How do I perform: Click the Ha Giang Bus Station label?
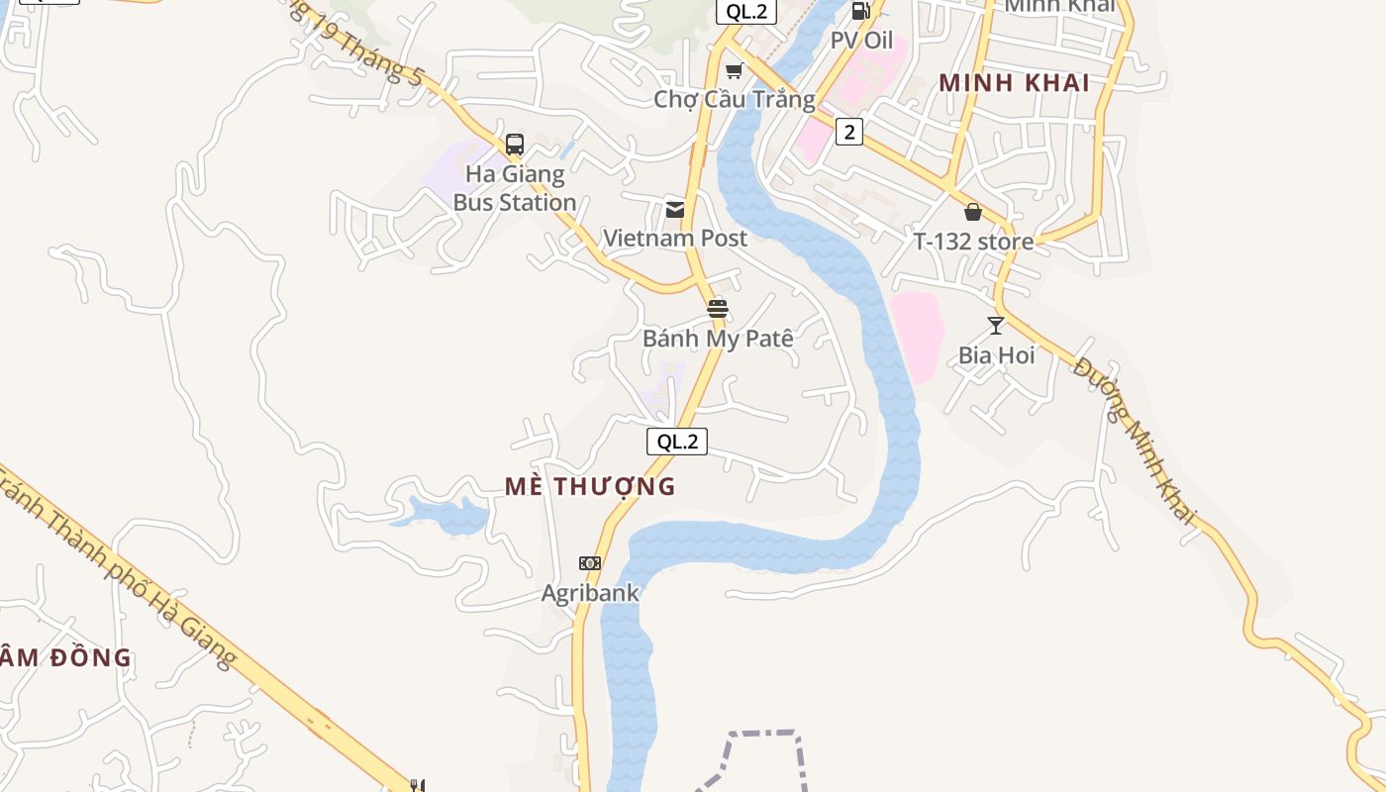tap(515, 188)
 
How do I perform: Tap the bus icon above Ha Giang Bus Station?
tap(514, 145)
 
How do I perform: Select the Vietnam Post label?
tap(675, 238)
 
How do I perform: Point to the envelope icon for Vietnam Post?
tap(675, 209)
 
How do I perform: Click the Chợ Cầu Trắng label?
tap(735, 99)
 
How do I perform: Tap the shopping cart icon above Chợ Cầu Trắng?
tap(734, 69)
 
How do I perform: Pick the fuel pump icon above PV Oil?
tap(860, 11)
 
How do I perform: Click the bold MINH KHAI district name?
tap(1015, 83)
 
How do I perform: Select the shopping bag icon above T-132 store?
tap(973, 212)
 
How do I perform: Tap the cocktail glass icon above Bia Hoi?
tap(996, 325)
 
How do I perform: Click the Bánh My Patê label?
tap(718, 338)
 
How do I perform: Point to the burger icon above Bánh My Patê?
tap(718, 309)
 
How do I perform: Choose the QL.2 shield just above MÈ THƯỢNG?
tap(677, 442)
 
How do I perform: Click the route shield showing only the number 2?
tap(848, 131)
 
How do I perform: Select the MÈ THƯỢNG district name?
tap(590, 486)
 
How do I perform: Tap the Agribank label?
tap(590, 593)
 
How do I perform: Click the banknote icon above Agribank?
tap(590, 563)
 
